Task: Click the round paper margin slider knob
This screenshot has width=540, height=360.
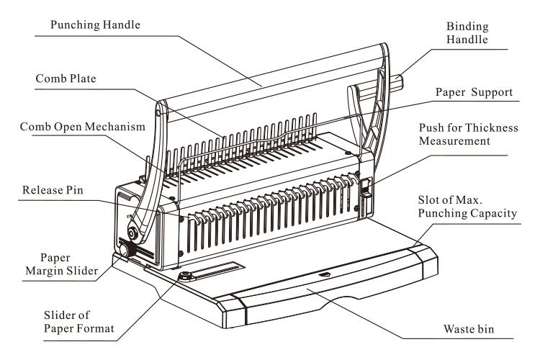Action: click(127, 250)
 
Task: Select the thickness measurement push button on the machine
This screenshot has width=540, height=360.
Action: click(365, 190)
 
